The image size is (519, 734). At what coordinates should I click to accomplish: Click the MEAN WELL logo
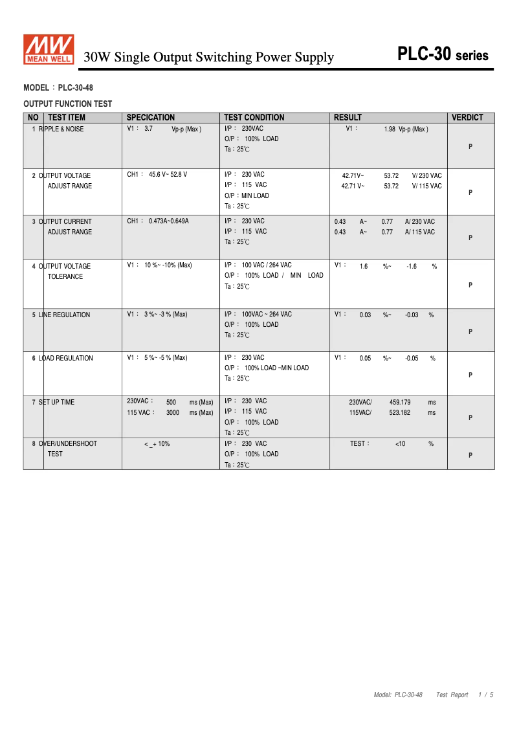point(49,50)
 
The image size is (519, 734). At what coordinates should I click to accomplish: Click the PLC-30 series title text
point(443,54)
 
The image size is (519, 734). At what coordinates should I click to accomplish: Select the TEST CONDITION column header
point(254,118)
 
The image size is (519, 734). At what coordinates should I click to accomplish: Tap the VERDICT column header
point(467,118)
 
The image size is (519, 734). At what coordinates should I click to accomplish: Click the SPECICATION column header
point(150,118)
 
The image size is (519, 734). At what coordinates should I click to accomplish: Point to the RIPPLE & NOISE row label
point(61,129)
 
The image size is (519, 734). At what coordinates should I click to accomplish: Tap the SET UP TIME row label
point(56,403)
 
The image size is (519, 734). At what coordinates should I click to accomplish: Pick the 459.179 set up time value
point(400,403)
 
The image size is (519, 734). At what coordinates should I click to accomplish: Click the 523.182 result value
point(400,413)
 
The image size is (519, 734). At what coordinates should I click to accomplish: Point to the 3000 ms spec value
point(172,413)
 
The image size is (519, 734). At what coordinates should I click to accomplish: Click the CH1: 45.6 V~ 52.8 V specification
point(157,175)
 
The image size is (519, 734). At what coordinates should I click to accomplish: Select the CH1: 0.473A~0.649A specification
point(158,221)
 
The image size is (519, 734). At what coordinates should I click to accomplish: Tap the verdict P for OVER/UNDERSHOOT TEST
point(470,456)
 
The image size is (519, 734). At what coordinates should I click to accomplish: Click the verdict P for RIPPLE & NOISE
point(470,147)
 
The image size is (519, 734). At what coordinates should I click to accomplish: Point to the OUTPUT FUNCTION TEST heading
point(67,104)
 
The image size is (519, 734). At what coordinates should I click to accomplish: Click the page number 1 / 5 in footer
point(485,695)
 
